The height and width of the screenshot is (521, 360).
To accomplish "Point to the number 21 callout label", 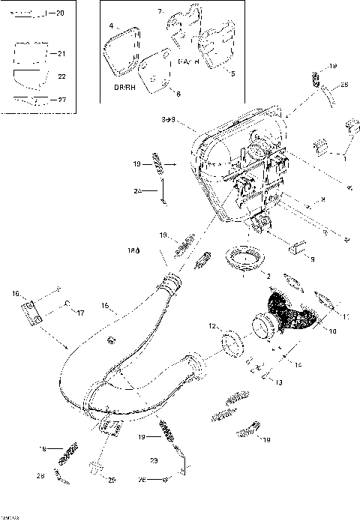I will coord(61,53).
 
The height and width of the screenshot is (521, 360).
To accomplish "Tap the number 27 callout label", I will coord(61,98).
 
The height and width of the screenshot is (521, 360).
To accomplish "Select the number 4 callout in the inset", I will coord(111,26).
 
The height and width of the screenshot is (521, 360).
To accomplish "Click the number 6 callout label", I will coord(178,93).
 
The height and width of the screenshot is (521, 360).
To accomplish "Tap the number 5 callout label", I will coord(232,73).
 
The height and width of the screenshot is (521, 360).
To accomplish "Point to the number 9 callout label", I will coord(312,259).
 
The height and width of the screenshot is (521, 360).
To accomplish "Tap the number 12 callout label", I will coord(212,326).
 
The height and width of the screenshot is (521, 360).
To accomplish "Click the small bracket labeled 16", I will coord(31,314).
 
